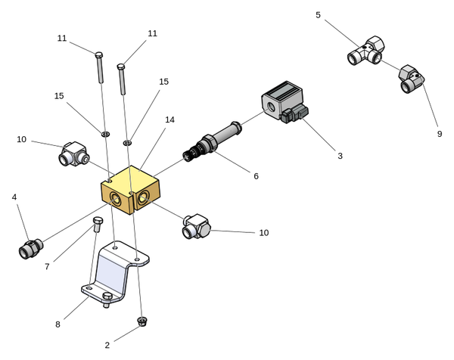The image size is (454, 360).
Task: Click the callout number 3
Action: tap(340, 156)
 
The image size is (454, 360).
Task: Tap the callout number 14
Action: tap(169, 119)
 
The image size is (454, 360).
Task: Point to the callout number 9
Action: tap(439, 134)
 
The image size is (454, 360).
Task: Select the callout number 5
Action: tap(318, 15)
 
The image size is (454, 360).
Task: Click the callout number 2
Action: tap(107, 345)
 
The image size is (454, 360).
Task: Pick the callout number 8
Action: tap(58, 324)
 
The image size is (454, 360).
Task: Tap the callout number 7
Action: tap(47, 266)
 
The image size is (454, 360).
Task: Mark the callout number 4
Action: tap(14, 197)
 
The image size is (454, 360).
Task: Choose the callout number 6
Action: tap(256, 176)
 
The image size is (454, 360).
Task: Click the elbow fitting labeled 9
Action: tap(409, 79)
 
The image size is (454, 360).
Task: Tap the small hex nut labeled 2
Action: tap(141, 321)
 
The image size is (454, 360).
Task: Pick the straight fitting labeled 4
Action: tap(30, 248)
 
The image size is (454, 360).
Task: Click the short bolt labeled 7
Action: tap(97, 224)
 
